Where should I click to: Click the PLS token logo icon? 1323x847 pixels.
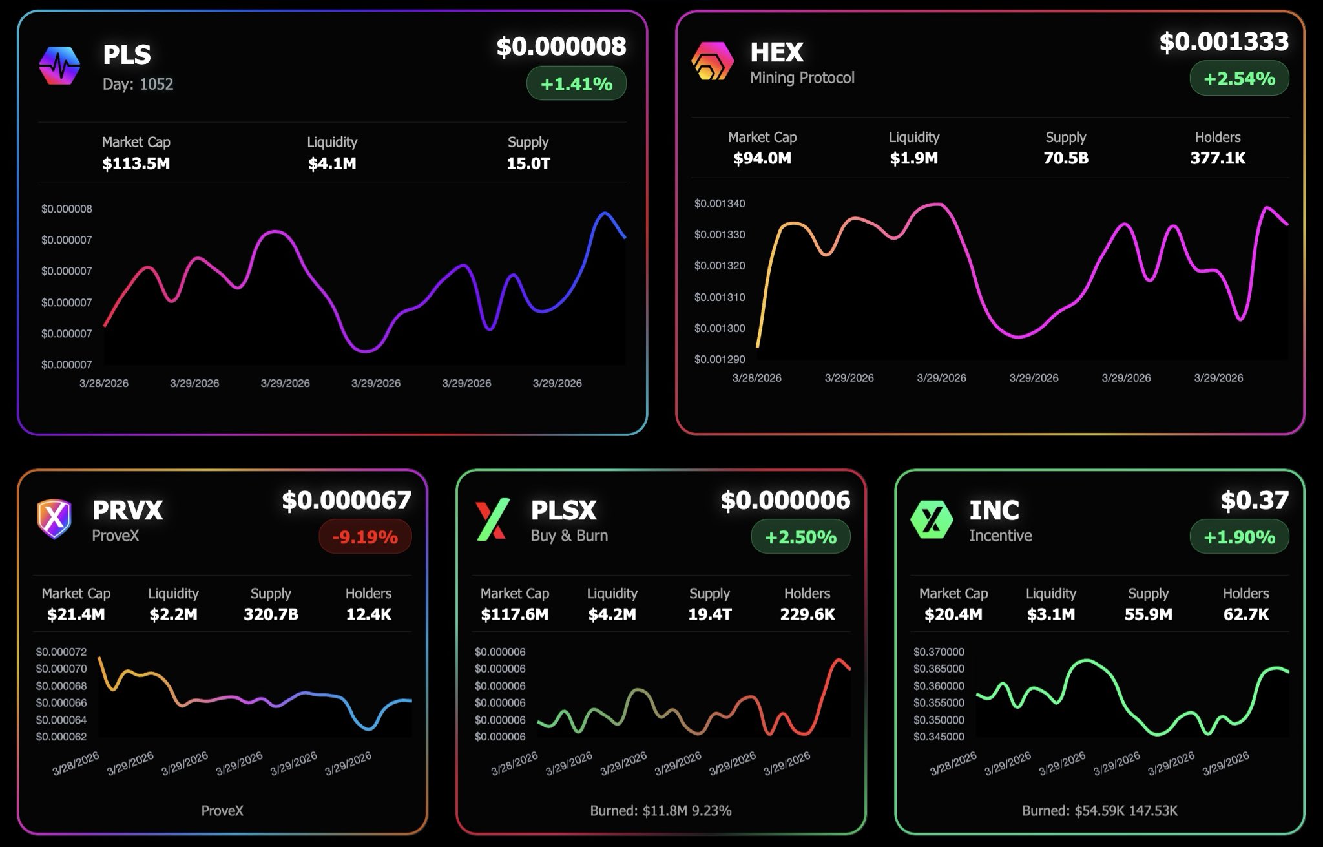59,66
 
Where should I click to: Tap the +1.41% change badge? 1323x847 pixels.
576,84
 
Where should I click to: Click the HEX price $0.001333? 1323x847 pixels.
1224,42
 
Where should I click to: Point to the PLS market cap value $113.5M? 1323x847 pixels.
136,163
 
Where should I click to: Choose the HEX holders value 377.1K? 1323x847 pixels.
1218,158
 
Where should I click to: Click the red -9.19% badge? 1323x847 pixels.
365,537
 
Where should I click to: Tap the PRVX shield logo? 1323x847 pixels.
54,518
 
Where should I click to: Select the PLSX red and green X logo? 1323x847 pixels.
492,519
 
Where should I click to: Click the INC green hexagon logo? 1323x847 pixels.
932,519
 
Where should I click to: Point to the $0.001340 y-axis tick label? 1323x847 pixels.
720,204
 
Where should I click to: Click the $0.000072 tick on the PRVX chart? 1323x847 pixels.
61,652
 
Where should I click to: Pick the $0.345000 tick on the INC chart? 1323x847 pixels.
939,737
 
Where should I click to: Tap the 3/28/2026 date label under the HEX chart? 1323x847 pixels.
756,378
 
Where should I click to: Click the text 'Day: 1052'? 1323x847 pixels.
138,84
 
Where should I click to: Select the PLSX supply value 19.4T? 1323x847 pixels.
709,614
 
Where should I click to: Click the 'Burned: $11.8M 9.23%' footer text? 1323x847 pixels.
660,811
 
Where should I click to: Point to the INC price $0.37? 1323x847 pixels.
1255,500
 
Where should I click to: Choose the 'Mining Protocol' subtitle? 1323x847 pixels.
802,78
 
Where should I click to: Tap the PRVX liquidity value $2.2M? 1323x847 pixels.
173,614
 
